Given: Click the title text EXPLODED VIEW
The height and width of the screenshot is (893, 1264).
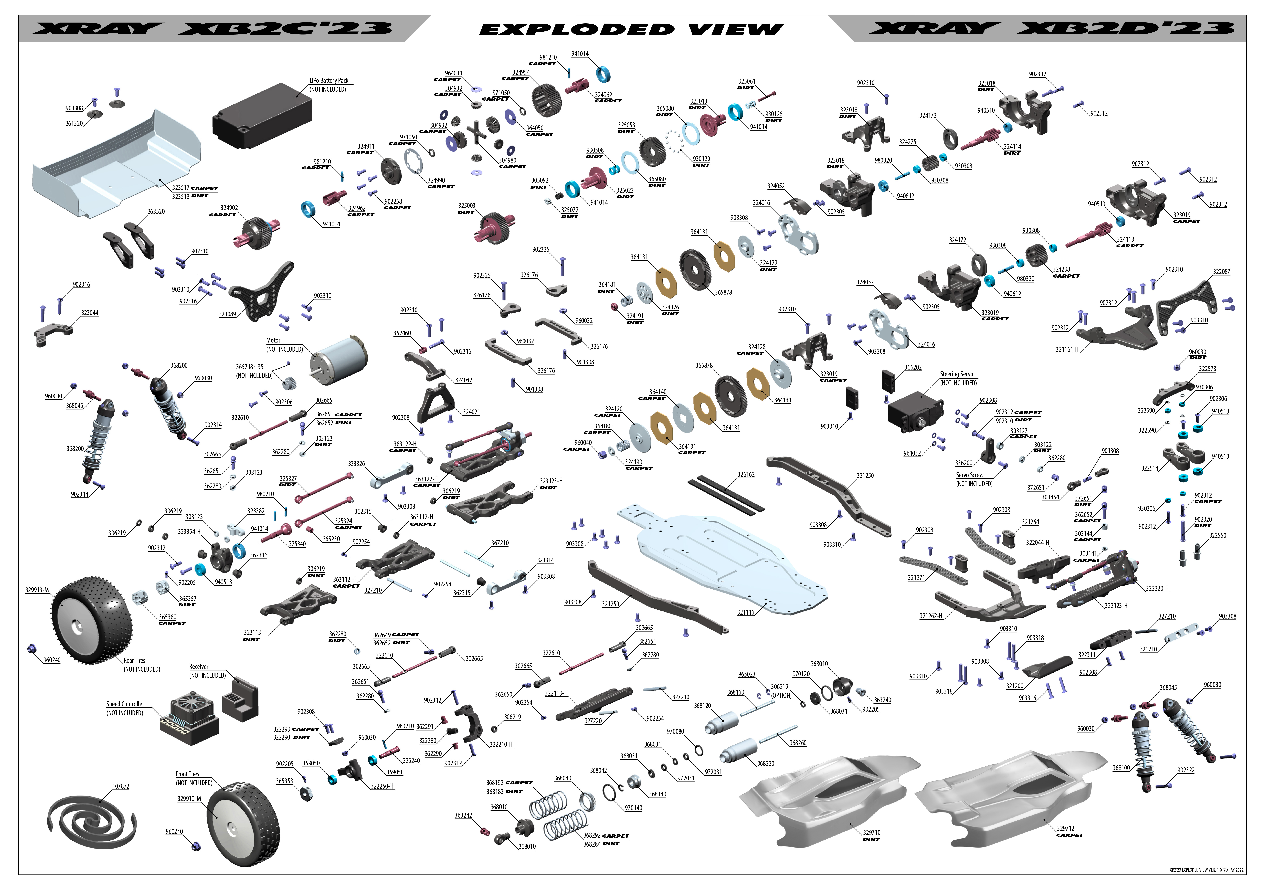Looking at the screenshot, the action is point(631,29).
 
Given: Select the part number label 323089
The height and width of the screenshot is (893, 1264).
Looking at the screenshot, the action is point(227,314).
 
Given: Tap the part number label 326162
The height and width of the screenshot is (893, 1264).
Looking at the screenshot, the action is point(746,474).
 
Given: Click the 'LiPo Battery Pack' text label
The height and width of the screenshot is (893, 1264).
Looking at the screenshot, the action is point(329,80).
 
